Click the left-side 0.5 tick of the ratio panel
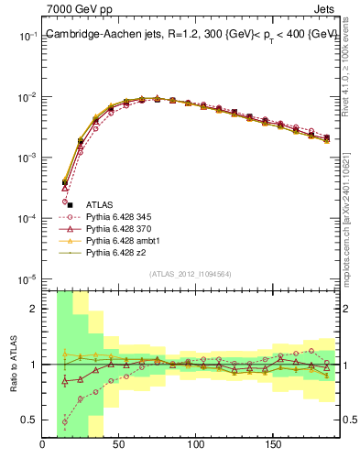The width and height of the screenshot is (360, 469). pyautogui.click(x=30, y=420)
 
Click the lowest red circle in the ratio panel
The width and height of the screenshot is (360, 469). pyautogui.click(x=66, y=423)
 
